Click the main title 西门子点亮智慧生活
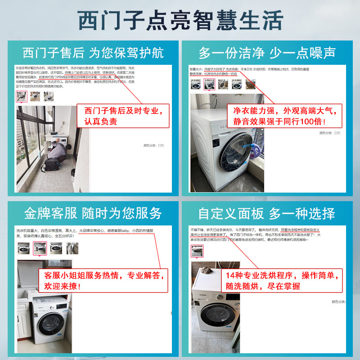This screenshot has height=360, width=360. (x=180, y=20)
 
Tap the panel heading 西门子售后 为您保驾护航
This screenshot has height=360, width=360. (x=93, y=53)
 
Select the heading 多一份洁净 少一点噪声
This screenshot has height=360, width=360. (x=267, y=53)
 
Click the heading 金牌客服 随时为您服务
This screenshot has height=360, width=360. (x=93, y=213)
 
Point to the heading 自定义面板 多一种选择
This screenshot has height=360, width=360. (x=267, y=213)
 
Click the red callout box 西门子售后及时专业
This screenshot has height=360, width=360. (x=123, y=116)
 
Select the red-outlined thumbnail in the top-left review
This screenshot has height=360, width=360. (x=21, y=96)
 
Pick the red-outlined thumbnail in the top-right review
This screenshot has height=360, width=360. (x=209, y=84)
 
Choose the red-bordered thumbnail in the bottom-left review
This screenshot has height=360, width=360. (x=40, y=248)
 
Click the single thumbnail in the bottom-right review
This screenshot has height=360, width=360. (x=197, y=251)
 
